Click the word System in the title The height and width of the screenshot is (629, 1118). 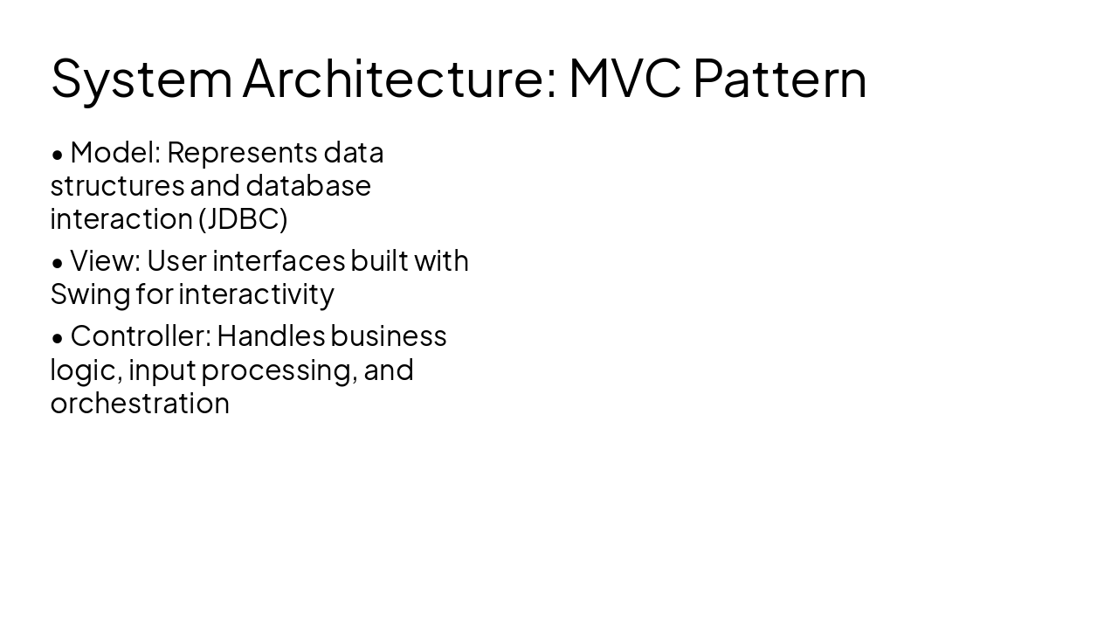pos(141,79)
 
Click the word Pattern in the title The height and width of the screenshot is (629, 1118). pos(779,79)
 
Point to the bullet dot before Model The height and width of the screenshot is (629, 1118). pos(58,155)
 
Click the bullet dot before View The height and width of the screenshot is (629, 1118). pos(58,263)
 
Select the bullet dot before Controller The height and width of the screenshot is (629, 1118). pos(58,338)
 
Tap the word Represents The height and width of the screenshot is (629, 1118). pos(241,153)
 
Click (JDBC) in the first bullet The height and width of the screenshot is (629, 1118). pos(243,219)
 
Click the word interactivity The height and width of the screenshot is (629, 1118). pos(256,294)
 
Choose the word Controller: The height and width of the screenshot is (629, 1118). pos(140,336)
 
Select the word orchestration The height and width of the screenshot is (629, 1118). pos(140,404)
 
